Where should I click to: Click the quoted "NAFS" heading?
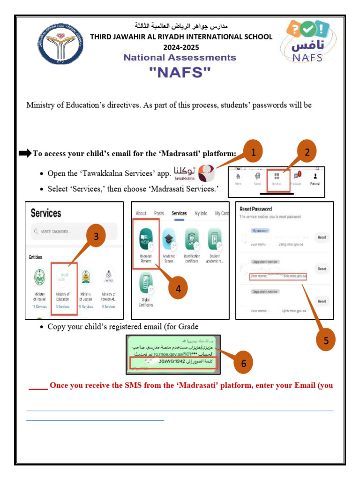click(180, 73)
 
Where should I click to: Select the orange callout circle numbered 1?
click(253, 152)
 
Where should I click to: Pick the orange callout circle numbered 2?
click(307, 152)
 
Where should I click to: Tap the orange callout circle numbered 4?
click(178, 289)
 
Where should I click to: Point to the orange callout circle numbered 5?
click(326, 341)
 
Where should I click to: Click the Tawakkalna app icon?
click(207, 173)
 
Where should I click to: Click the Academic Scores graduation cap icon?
click(169, 240)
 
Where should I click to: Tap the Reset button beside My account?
click(322, 238)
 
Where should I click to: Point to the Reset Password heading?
click(255, 209)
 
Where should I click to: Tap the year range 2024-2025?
click(181, 47)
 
